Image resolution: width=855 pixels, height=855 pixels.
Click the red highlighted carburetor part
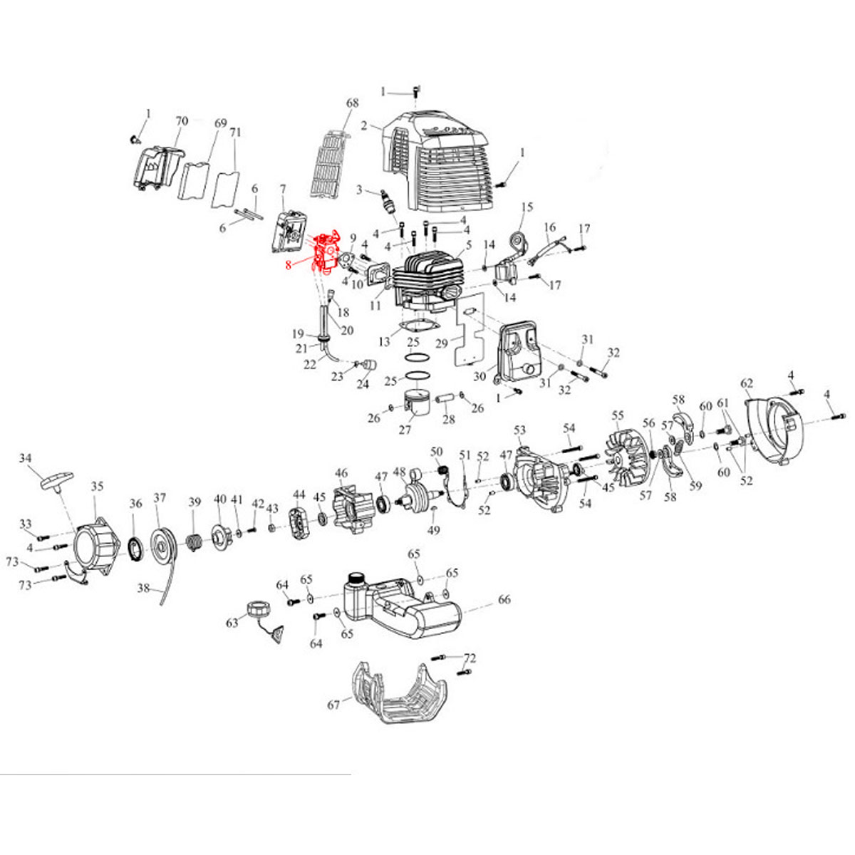327,252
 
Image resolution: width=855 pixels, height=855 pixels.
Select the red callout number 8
288,266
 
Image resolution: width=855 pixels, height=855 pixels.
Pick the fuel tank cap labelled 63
256,611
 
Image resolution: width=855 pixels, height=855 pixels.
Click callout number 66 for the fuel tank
504,600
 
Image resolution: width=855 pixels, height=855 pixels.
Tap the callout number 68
353,104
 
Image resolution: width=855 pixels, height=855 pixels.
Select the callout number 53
519,430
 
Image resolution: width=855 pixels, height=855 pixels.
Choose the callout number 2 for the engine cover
363,127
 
